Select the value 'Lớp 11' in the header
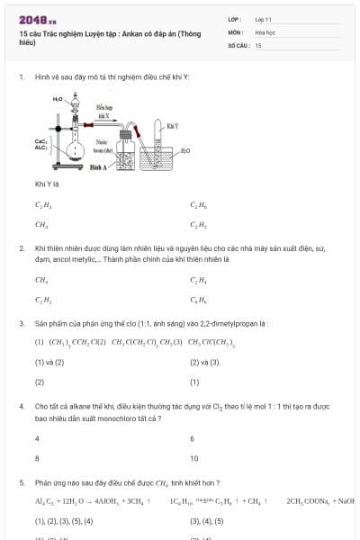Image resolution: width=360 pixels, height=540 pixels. (263, 18)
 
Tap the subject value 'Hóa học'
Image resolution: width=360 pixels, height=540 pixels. (265, 31)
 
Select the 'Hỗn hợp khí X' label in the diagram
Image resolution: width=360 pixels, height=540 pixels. (103, 112)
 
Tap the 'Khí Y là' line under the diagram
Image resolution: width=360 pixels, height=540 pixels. (46, 184)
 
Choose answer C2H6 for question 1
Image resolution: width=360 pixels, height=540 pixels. (198, 205)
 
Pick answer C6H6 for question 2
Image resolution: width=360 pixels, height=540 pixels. (198, 299)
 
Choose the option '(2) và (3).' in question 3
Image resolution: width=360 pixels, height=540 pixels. (205, 362)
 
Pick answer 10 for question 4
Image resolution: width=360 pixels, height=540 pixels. (193, 458)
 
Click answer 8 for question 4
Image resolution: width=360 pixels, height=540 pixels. (37, 458)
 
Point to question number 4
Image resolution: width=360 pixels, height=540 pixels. (21, 407)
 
